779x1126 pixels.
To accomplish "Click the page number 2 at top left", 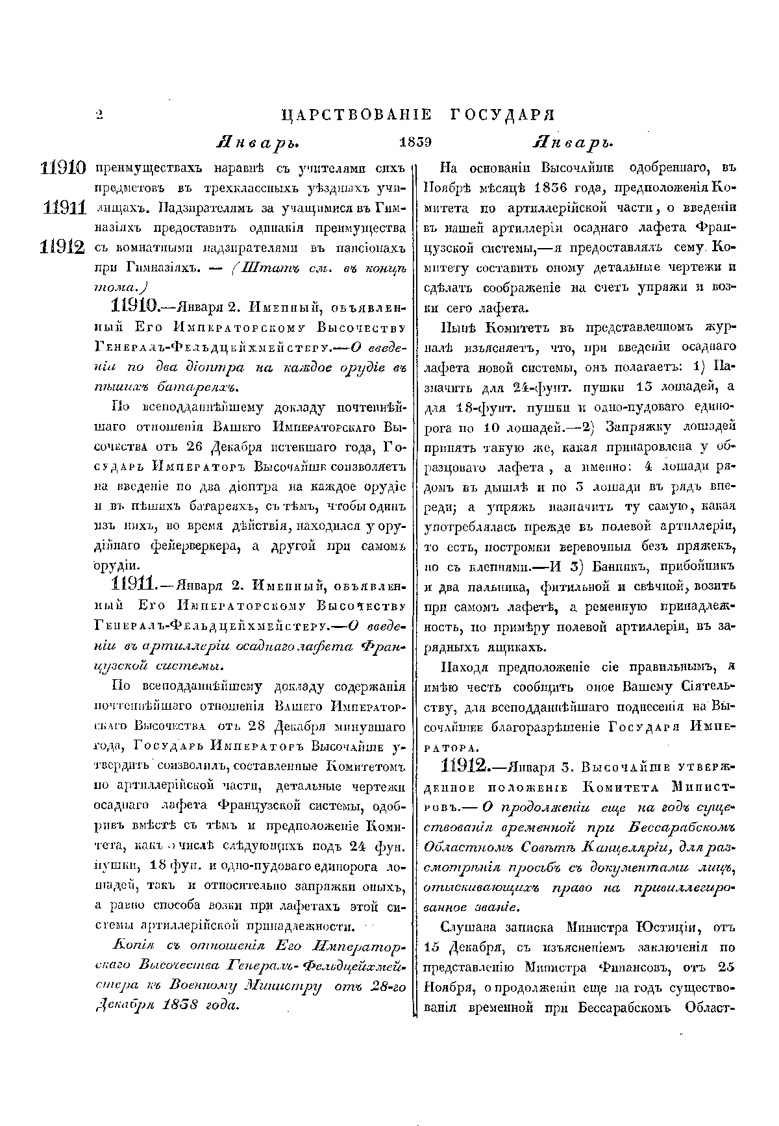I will click(99, 116).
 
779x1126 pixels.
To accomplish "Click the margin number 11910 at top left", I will click(63, 168).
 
